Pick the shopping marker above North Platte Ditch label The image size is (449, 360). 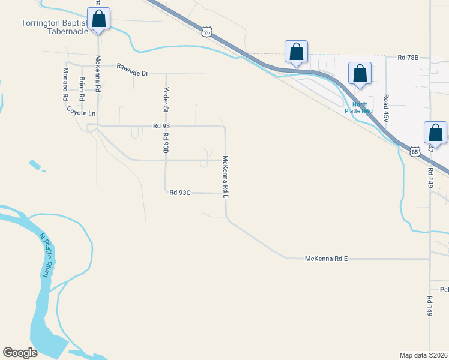(360, 74)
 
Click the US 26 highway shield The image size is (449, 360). (207, 32)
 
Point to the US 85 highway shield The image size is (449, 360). (415, 152)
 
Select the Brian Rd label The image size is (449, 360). (82, 88)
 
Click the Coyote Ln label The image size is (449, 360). (81, 112)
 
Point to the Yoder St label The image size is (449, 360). (165, 99)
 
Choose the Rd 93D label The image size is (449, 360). (165, 141)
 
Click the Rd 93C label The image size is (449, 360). (179, 193)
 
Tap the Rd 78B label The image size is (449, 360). (407, 58)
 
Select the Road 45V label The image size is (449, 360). (387, 109)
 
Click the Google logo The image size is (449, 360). (20, 353)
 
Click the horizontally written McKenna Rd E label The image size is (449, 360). (327, 258)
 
